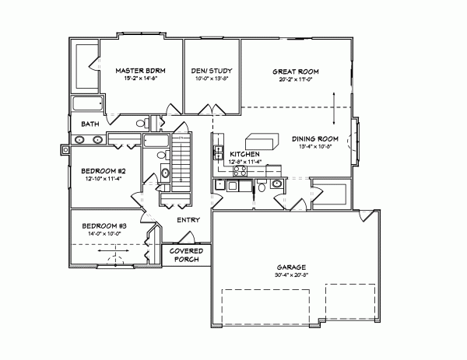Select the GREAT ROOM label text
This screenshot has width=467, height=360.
tap(299, 71)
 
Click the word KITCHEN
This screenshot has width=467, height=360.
tap(244, 155)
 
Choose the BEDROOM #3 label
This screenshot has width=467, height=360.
tap(104, 225)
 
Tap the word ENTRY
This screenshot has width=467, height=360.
tap(188, 220)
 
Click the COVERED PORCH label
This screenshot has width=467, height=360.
tap(187, 255)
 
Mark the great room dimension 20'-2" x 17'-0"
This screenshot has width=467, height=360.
tap(299, 79)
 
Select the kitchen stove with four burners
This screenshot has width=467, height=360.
tap(220, 186)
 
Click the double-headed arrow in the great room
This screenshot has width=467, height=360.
tap(335, 107)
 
